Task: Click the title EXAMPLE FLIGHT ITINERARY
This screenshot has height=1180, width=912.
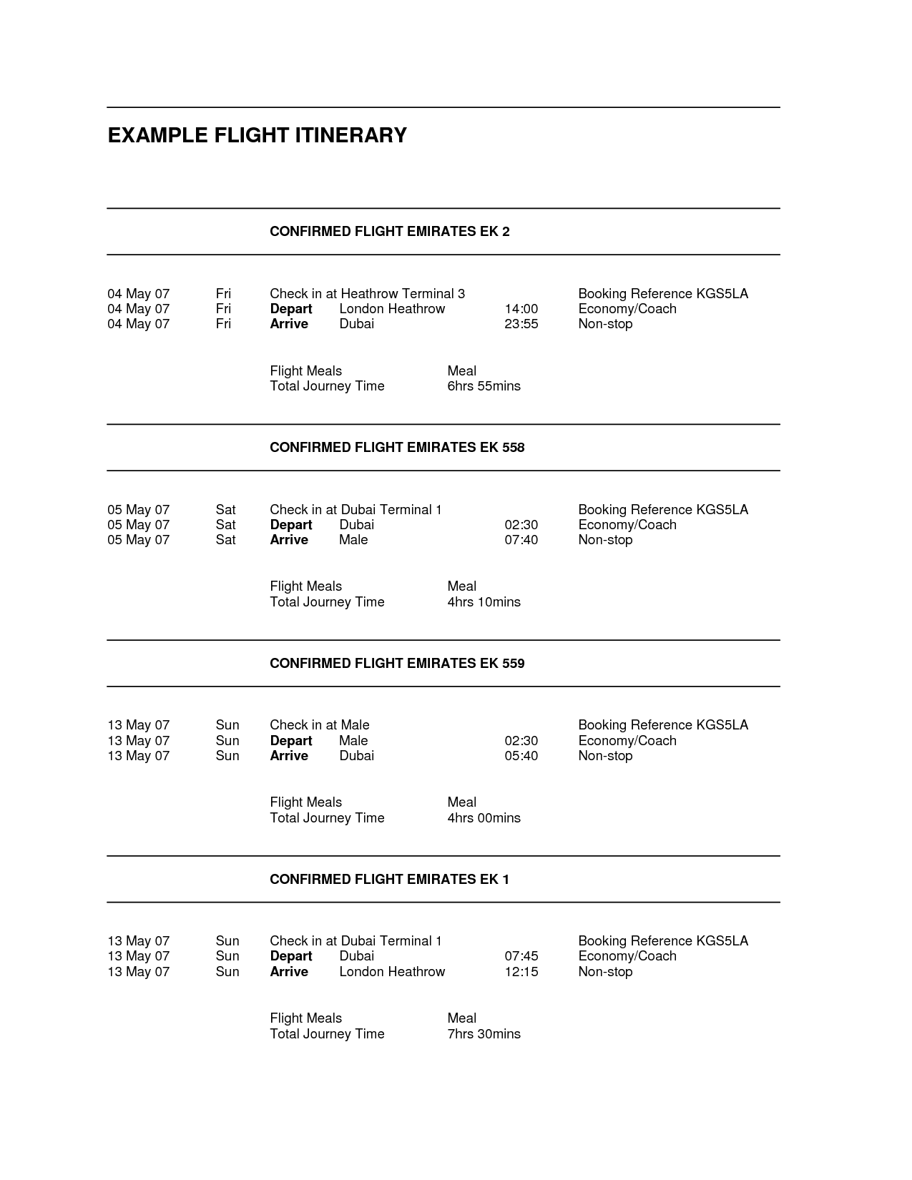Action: tap(257, 135)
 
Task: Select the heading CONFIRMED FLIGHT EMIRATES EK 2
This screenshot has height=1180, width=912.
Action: tap(389, 232)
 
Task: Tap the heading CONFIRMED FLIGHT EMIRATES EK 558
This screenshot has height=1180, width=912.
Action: tap(397, 448)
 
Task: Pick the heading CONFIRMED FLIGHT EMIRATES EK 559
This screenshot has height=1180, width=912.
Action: tap(397, 664)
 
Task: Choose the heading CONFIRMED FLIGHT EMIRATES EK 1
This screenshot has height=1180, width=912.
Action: tap(389, 880)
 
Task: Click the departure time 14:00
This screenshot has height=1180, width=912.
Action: tap(521, 309)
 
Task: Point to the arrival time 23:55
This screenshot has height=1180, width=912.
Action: tap(521, 324)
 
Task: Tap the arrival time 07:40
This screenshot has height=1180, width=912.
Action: tap(521, 540)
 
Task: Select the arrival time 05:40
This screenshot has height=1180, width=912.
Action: tap(521, 756)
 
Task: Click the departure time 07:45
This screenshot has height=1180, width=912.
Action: tap(521, 956)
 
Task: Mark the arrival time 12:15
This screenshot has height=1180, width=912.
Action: tap(521, 972)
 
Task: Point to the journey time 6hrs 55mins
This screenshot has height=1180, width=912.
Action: tap(484, 386)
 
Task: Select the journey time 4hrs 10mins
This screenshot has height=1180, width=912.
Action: tap(484, 602)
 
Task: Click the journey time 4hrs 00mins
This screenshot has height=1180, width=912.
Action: tap(484, 818)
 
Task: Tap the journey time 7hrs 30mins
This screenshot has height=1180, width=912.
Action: tap(484, 1034)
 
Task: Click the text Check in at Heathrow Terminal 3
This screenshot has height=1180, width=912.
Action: tap(367, 294)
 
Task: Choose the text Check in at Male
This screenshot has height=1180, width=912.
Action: tap(319, 725)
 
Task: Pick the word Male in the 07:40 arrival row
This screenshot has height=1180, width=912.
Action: tap(353, 540)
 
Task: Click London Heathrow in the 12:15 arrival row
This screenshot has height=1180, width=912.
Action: tap(392, 972)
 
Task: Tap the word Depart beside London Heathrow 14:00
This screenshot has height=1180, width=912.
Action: tap(290, 309)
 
